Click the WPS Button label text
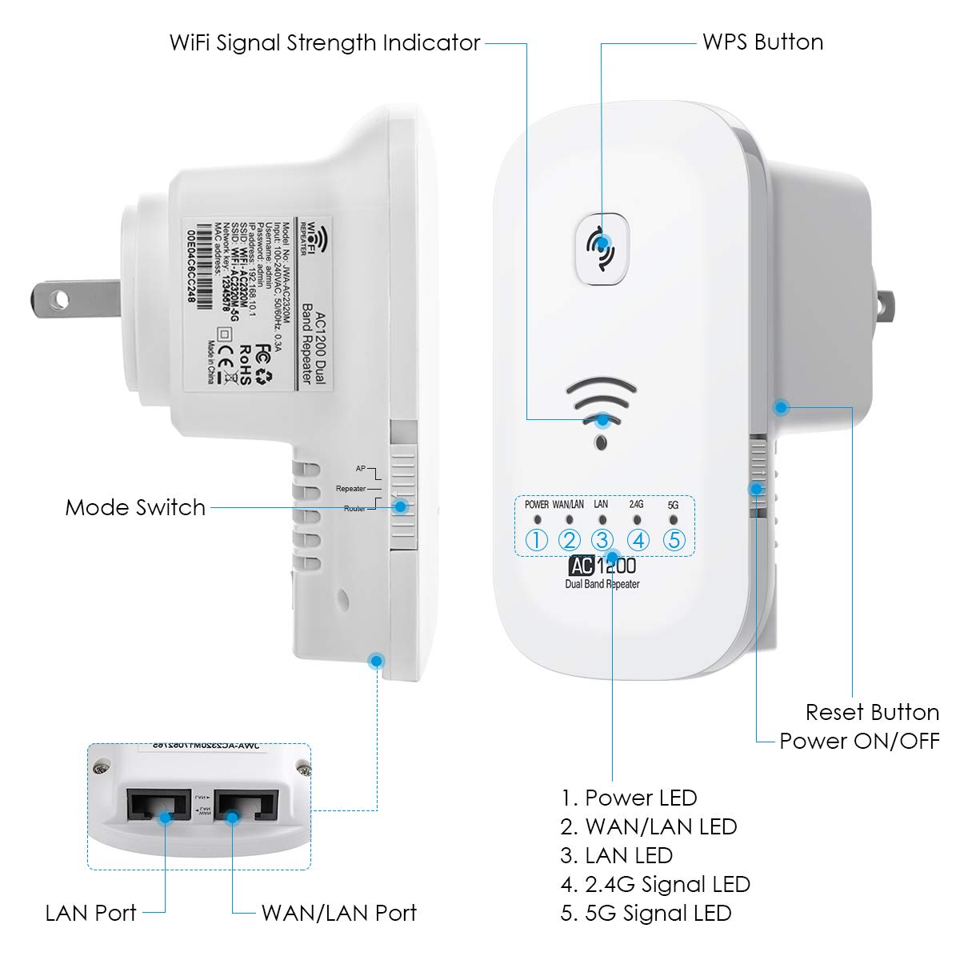(x=762, y=42)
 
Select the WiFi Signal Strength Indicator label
(x=325, y=42)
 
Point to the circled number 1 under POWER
(x=537, y=540)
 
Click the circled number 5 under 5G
(x=674, y=540)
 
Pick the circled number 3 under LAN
(x=602, y=540)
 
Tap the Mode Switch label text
(x=135, y=507)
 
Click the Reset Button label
(x=872, y=712)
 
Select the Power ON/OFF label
(x=859, y=741)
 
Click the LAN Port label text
(x=91, y=913)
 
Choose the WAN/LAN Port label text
(x=339, y=913)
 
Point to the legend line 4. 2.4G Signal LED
(x=655, y=884)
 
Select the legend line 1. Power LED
(x=629, y=798)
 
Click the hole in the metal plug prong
(x=58, y=300)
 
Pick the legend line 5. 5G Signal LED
(x=646, y=913)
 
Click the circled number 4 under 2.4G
(x=638, y=540)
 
